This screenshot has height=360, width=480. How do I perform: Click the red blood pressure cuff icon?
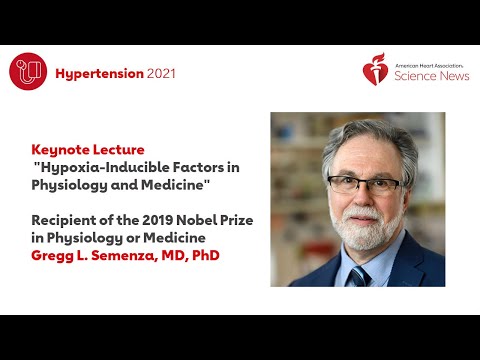tap(29, 71)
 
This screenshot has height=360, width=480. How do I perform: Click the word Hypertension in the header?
tap(99, 73)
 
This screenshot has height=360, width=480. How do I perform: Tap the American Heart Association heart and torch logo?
tap(375, 71)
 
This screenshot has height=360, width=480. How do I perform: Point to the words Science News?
tap(432, 76)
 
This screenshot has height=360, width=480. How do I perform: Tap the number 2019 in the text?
tap(156, 219)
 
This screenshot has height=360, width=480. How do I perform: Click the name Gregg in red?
tap(51, 255)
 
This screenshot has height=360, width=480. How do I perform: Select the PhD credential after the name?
tap(203, 255)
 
